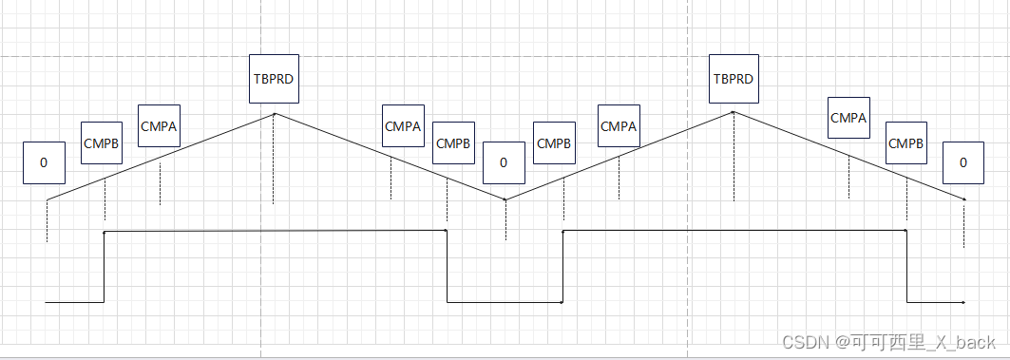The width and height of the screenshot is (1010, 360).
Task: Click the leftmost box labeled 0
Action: tap(44, 162)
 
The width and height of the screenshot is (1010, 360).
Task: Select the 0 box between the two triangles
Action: tap(504, 162)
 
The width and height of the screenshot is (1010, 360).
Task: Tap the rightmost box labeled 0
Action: tap(963, 162)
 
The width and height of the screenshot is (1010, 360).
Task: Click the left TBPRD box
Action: tap(275, 79)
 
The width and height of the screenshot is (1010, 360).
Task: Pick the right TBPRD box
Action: tap(733, 79)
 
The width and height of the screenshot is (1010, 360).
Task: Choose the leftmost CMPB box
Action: tap(102, 143)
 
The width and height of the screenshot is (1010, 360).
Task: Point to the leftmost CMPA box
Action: tap(159, 125)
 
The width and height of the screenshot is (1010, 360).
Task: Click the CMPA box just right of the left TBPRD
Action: tap(403, 125)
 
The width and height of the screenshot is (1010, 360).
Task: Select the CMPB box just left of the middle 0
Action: tap(453, 143)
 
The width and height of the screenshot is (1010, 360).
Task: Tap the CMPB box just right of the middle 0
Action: tap(554, 143)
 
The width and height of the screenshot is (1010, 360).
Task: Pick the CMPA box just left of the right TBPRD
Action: tap(619, 125)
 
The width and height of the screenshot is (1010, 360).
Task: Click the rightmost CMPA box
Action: tap(848, 118)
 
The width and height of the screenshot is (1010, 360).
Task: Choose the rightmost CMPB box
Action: tap(905, 143)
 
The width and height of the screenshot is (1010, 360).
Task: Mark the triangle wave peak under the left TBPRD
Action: tap(275, 114)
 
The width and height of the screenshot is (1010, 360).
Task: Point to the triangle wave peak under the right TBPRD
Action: tap(733, 112)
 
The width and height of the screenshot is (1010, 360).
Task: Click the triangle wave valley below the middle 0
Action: tap(505, 199)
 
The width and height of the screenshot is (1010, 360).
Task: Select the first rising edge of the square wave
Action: tap(104, 266)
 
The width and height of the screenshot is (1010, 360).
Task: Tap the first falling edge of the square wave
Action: tap(448, 266)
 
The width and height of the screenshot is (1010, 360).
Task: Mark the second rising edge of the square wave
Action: tap(563, 266)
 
